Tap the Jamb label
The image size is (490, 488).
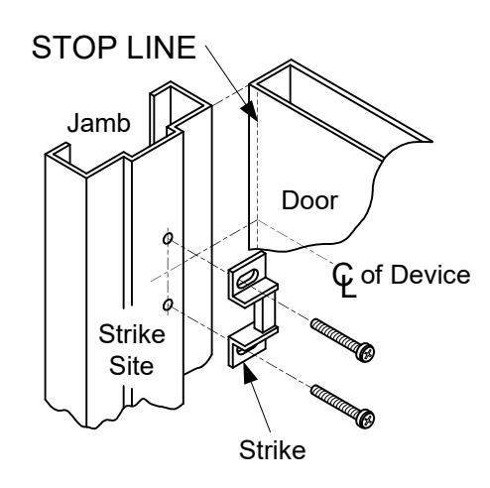point(98,123)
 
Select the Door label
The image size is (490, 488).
point(309,200)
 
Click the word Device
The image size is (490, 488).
point(430,275)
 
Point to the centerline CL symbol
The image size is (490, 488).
point(344,280)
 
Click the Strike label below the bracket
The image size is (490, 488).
point(272,450)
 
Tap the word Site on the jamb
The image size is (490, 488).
point(131,365)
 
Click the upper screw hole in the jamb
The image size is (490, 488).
point(168,238)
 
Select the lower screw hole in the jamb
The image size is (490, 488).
point(168,305)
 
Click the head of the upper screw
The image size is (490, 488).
point(366,353)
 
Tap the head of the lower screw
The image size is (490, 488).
point(366,419)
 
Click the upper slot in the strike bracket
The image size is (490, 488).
point(247,278)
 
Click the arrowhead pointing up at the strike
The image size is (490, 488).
point(249,373)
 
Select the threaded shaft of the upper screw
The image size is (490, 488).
point(334,334)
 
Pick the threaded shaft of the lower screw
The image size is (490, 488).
point(334,401)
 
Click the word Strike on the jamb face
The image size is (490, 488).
point(132,334)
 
